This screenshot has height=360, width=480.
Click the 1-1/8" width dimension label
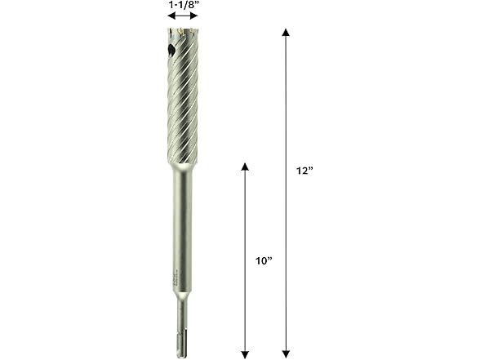184,5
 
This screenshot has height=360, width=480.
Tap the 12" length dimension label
304,171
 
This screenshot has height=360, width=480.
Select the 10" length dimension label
264,261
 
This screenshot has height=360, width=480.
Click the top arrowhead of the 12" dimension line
286,33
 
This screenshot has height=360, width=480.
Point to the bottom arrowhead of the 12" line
286,354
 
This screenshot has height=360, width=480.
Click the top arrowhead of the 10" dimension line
245,167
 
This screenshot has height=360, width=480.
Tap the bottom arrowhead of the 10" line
245,354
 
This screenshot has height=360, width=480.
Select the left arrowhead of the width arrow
171,16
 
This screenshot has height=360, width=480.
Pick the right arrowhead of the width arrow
194,16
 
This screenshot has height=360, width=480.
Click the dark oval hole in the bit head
171,49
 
